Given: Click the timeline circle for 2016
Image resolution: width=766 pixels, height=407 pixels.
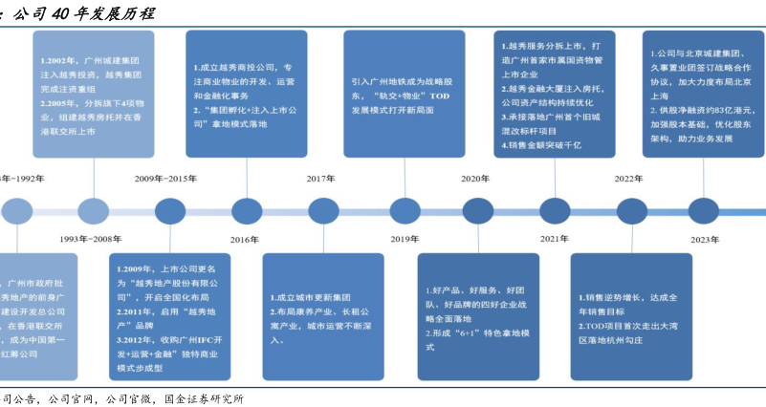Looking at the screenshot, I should [246, 210].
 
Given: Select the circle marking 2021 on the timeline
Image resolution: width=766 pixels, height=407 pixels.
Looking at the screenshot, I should [554, 210].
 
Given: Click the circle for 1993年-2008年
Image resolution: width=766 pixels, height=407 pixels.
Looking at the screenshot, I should [94, 210].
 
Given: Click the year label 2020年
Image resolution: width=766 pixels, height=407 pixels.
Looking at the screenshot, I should [475, 179].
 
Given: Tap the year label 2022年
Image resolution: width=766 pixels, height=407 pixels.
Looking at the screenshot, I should [629, 179].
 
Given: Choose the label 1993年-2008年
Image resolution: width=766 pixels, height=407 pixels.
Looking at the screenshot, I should [91, 239].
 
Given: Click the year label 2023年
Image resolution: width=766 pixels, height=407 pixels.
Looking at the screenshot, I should [705, 239].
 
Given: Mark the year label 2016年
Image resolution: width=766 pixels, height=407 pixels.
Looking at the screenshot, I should [245, 239].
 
